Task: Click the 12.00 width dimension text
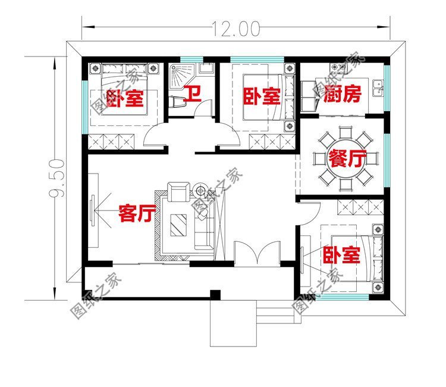pyautogui.click(x=235, y=27)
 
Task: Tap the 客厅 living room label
pyautogui.click(x=137, y=213)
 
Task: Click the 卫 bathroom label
pyautogui.click(x=191, y=93)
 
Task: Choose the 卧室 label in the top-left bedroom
pyautogui.click(x=126, y=98)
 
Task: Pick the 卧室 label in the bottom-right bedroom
pyautogui.click(x=342, y=256)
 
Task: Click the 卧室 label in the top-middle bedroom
pyautogui.click(x=262, y=96)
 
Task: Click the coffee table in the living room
pyautogui.click(x=177, y=225)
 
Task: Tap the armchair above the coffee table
pyautogui.click(x=177, y=192)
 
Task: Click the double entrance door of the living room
pyautogui.click(x=257, y=253)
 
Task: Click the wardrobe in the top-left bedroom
pyautogui.click(x=115, y=142)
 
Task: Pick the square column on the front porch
pyautogui.click(x=215, y=294)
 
